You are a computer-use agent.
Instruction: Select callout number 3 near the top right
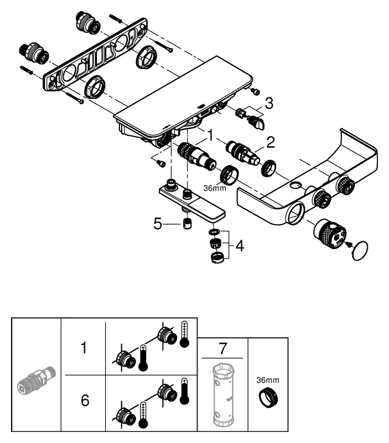[268, 103]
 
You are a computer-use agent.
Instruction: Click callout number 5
[158, 225]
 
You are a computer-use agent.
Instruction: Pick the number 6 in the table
[85, 400]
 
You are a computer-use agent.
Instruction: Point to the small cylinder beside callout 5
[187, 225]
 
